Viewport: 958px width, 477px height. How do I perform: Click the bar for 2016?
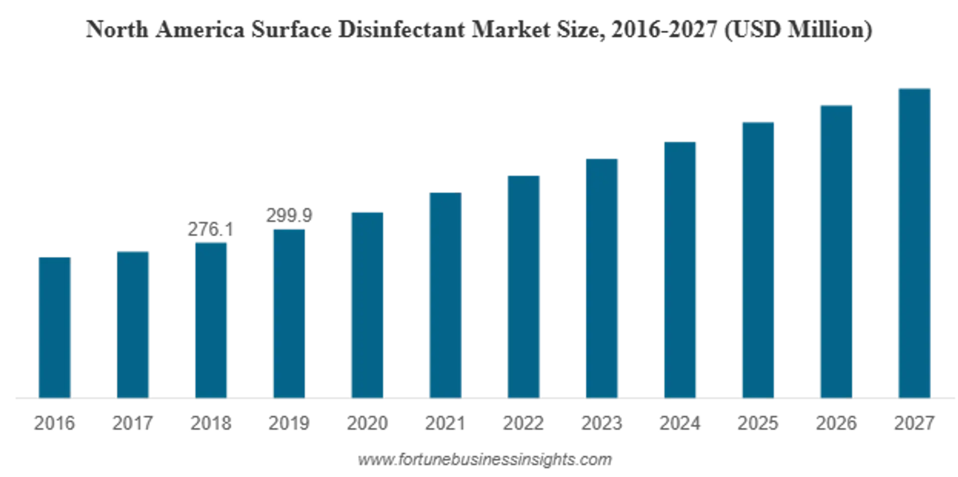tap(54, 327)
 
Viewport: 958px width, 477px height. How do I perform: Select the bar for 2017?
tap(133, 323)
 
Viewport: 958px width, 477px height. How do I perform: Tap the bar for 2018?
tap(212, 320)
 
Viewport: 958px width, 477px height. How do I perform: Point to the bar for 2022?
tap(524, 286)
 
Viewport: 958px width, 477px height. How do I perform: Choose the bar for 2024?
tap(681, 269)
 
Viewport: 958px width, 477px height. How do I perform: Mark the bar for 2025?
tap(758, 259)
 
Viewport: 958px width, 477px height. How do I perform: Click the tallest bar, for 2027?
tap(914, 242)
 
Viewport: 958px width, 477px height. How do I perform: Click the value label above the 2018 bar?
tap(210, 230)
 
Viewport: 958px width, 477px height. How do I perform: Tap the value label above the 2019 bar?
tap(289, 215)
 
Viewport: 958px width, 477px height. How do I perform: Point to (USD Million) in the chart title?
tap(798, 30)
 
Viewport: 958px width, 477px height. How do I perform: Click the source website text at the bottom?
tap(485, 459)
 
